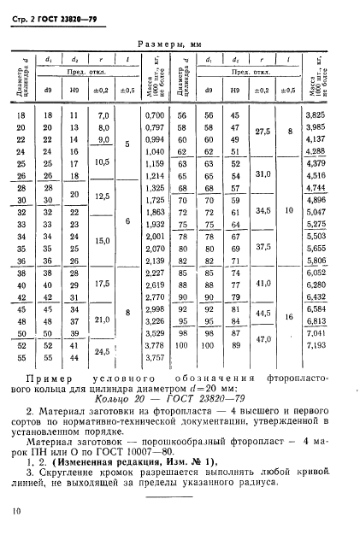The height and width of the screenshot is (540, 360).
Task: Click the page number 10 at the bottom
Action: coord(17,511)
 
